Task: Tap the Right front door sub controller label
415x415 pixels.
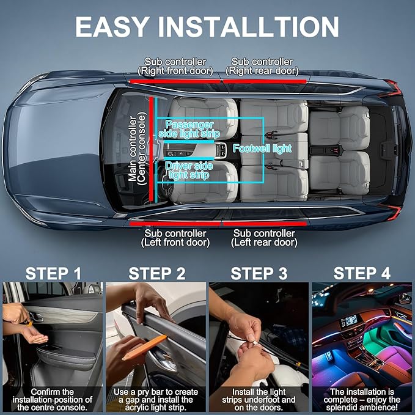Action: coord(175,66)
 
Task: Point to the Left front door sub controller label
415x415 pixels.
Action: coord(175,238)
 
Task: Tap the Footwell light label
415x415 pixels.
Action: coord(262,148)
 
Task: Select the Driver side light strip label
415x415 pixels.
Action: coord(187,171)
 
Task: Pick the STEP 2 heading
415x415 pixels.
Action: coord(157,273)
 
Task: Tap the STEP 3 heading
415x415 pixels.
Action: coord(259,273)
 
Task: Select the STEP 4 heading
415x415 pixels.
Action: coord(362,273)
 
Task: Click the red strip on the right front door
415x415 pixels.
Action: coord(176,80)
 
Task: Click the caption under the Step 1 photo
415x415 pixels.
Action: coord(53,400)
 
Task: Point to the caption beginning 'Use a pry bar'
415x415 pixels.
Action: coord(156,400)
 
